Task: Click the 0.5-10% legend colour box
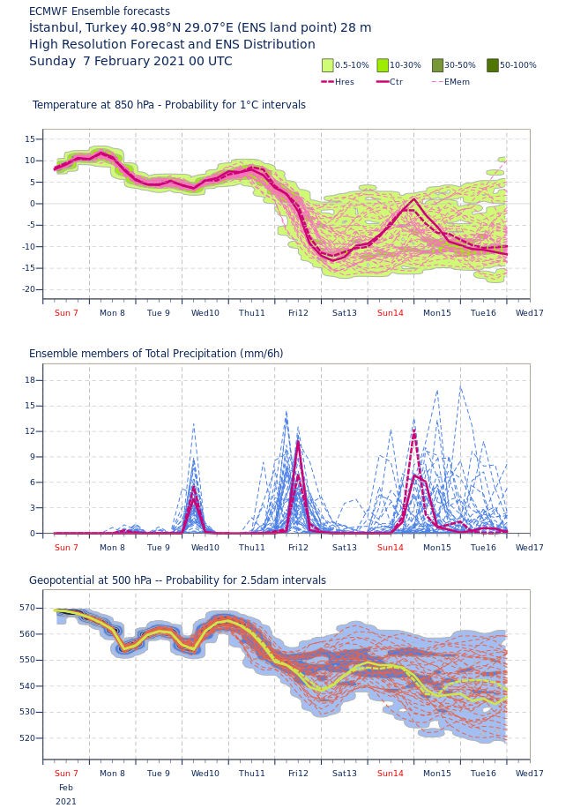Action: [328, 65]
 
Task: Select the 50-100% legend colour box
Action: [493, 65]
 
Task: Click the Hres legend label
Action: [345, 82]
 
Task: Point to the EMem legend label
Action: [457, 82]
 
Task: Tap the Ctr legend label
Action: [396, 82]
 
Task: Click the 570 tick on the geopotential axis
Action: [26, 608]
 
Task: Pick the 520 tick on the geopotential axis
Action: [26, 738]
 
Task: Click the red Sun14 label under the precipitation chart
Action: [391, 548]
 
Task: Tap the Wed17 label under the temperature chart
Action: [530, 313]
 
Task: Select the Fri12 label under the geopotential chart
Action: [298, 774]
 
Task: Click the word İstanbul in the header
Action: [56, 28]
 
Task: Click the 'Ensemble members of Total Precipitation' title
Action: [156, 354]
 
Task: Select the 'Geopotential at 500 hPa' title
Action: [177, 580]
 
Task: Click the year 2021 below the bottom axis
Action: [66, 802]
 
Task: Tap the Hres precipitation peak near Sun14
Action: [413, 430]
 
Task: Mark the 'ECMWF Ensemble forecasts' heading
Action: [100, 11]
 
